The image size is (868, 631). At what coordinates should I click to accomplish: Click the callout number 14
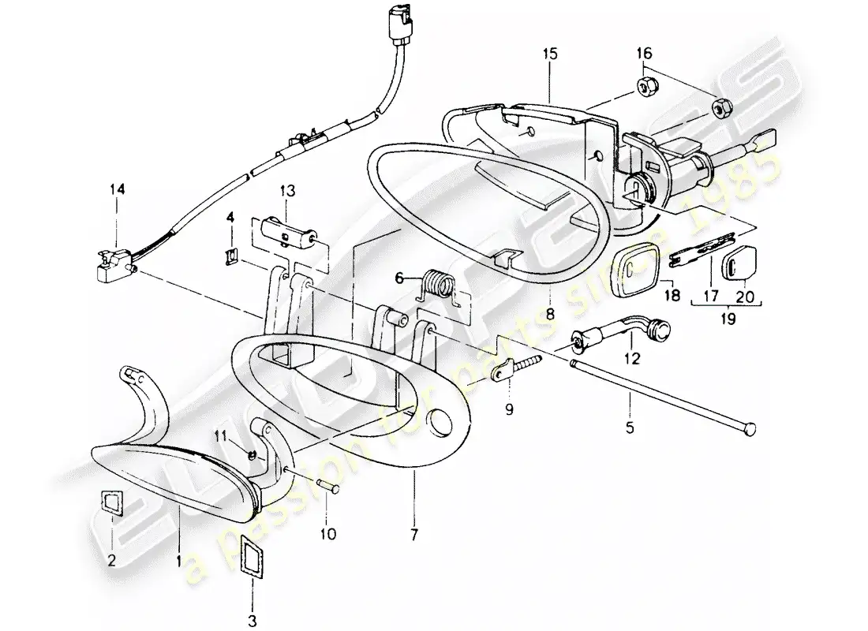[117, 190]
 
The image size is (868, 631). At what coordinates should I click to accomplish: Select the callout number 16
[645, 54]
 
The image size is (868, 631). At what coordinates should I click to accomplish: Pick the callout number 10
[328, 534]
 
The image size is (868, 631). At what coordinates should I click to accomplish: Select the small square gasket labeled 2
[111, 502]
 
